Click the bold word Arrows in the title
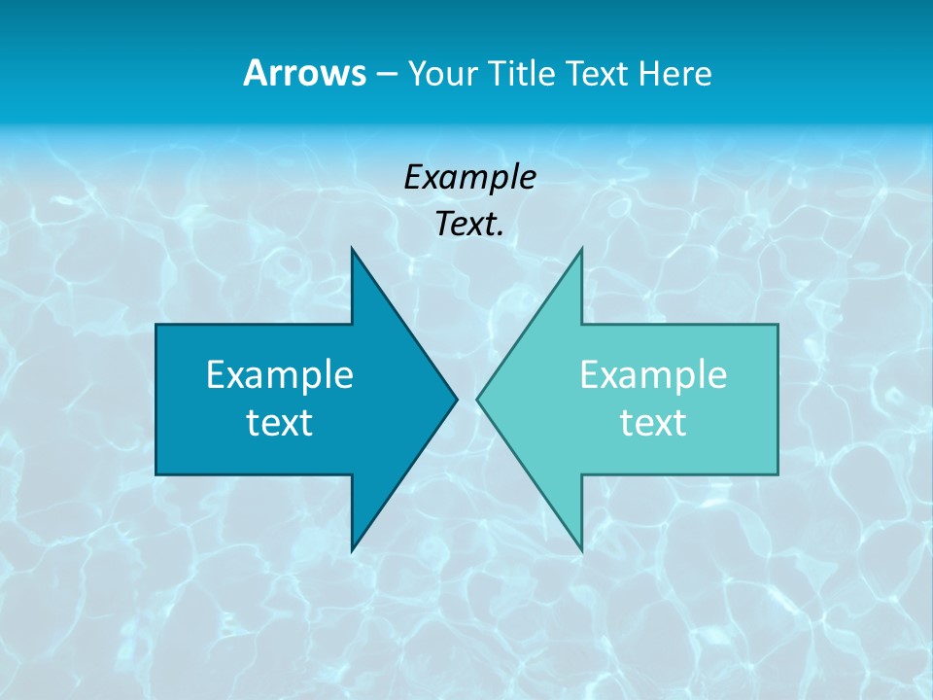303,73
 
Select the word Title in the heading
522,73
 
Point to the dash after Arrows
386,75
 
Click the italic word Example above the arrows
470,177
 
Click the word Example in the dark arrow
280,375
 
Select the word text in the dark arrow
280,423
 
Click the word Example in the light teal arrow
653,375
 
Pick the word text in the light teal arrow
653,423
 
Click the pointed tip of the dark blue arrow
457,399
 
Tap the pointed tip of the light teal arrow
477,399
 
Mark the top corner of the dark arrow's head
352,248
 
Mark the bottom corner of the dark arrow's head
352,551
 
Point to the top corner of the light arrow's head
581,248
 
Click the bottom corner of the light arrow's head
581,551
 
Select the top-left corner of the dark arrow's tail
156,325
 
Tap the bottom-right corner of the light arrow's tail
777,474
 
